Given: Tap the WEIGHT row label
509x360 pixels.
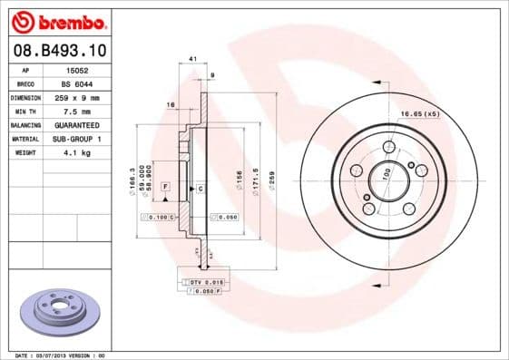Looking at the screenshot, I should coord(24,152).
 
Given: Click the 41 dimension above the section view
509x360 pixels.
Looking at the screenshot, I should coord(192,60).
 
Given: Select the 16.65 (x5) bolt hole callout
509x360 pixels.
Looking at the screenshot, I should coord(419,113).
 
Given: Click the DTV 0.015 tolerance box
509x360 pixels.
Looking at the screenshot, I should coord(205,283).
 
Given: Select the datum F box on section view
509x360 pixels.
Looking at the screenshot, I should coord(166,186).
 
